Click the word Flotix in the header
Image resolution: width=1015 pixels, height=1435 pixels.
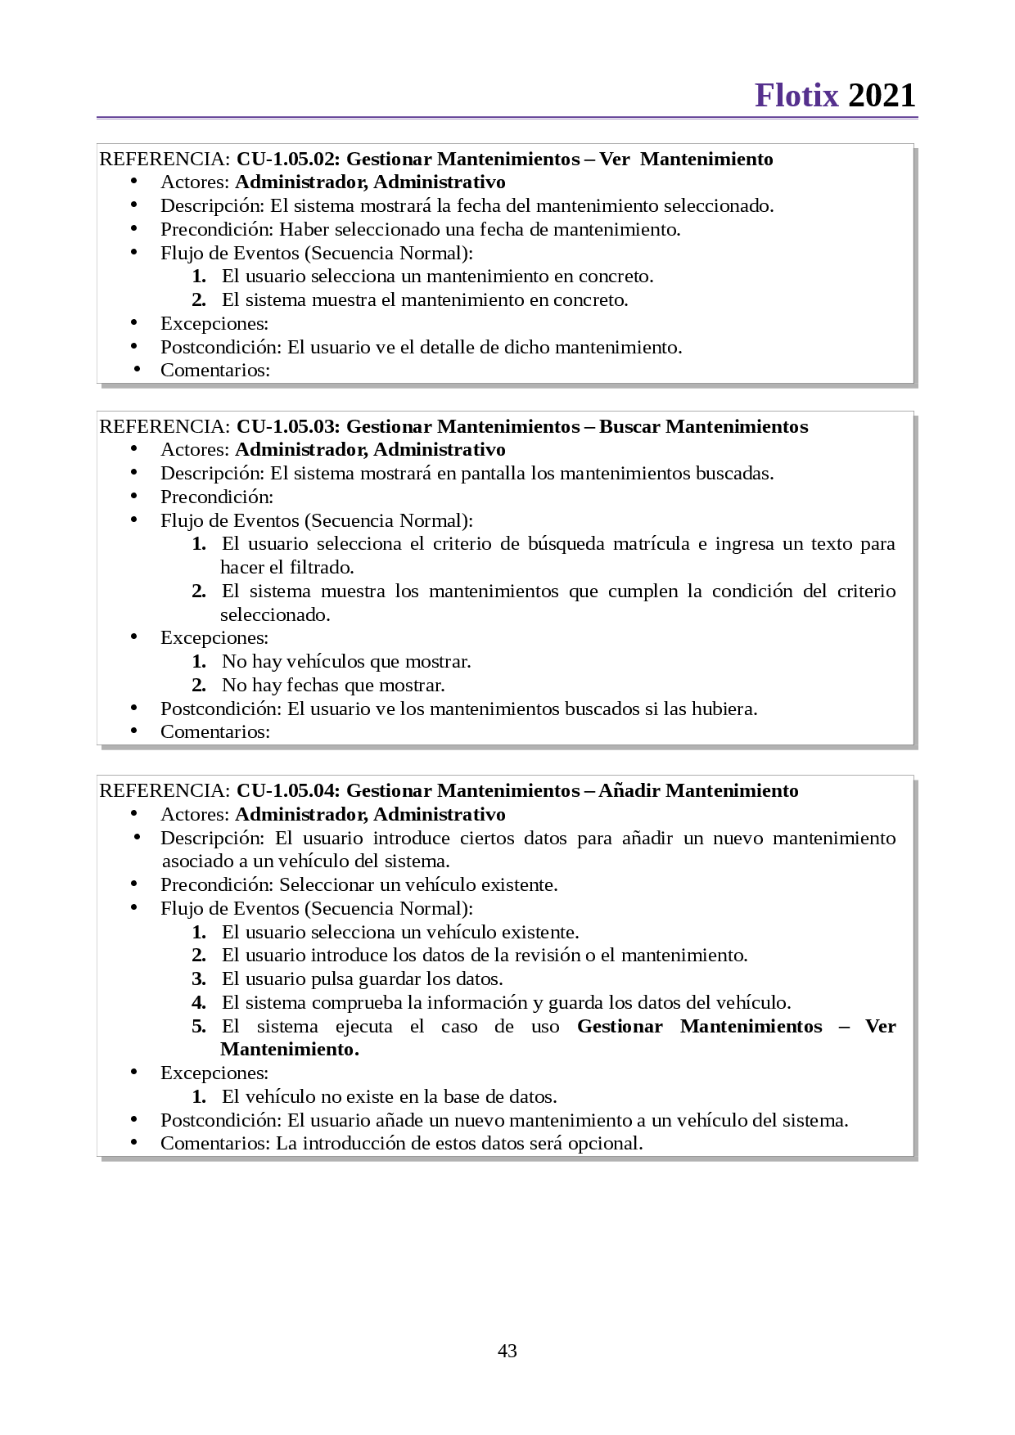pyautogui.click(x=796, y=96)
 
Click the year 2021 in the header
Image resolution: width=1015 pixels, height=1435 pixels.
pyautogui.click(x=882, y=96)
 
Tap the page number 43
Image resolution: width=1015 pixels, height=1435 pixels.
pyautogui.click(x=508, y=1351)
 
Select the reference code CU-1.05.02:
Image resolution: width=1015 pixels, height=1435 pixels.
pyautogui.click(x=288, y=159)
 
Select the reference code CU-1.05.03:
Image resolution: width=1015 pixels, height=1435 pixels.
pyautogui.click(x=288, y=426)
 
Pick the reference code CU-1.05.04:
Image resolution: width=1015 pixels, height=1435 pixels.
pyautogui.click(x=288, y=790)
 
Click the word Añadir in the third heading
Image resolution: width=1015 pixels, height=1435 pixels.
pyautogui.click(x=629, y=790)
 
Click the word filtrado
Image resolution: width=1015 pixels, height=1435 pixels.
pyautogui.click(x=322, y=568)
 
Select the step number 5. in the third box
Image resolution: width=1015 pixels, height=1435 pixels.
pyautogui.click(x=199, y=1027)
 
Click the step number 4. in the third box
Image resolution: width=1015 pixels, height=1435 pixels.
pyautogui.click(x=199, y=1003)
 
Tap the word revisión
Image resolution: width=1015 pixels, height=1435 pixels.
pyautogui.click(x=547, y=956)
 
